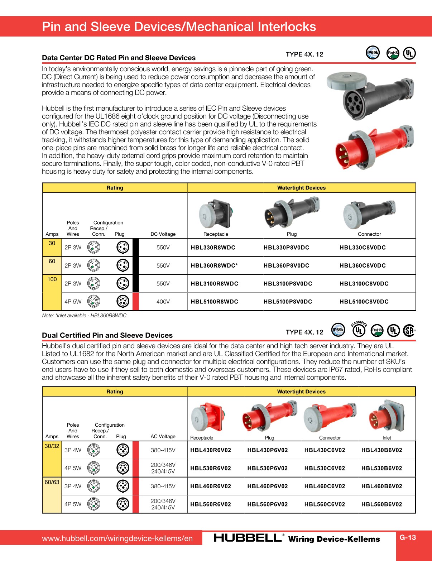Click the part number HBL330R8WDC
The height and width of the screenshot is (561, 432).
tap(213, 248)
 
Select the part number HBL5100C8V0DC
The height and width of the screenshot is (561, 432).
tap(364, 302)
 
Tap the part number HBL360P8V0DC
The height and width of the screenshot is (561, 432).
tap(286, 265)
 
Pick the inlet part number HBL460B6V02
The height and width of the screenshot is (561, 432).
tap(381, 486)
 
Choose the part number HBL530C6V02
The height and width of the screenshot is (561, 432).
tap(325, 468)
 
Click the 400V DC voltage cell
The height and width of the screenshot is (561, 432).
tap(163, 302)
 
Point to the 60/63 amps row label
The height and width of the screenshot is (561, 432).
tap(52, 482)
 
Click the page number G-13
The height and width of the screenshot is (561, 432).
tap(408, 537)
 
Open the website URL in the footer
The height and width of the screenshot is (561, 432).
tap(117, 538)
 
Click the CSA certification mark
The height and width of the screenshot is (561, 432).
tap(409, 330)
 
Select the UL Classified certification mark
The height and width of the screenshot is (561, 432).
tap(359, 329)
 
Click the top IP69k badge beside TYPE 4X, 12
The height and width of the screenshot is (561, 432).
tap(373, 53)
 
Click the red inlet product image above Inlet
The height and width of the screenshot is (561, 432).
tap(387, 417)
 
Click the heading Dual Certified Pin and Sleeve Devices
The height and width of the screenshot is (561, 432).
tap(107, 335)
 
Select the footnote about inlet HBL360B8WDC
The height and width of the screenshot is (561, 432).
tap(85, 316)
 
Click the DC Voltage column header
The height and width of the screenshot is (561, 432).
tap(163, 234)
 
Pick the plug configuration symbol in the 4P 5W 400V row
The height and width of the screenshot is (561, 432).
tap(123, 302)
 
